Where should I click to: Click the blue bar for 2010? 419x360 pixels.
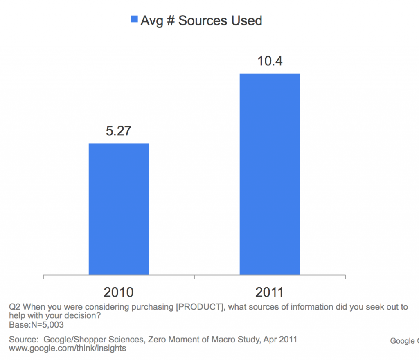tap(119, 209)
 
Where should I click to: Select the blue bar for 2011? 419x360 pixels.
tap(270, 174)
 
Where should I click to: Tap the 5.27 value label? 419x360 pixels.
tap(119, 132)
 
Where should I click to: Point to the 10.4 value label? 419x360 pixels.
tap(270, 62)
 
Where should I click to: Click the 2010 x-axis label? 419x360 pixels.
tap(119, 292)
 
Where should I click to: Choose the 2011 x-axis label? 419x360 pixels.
tap(270, 292)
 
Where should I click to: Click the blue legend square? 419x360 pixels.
tap(134, 20)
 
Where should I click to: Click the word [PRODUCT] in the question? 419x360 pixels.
tap(199, 308)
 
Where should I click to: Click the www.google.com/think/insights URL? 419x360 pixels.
tap(68, 349)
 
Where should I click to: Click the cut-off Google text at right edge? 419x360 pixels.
tap(404, 341)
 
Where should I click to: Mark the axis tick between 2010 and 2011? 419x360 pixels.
tap(194, 277)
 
